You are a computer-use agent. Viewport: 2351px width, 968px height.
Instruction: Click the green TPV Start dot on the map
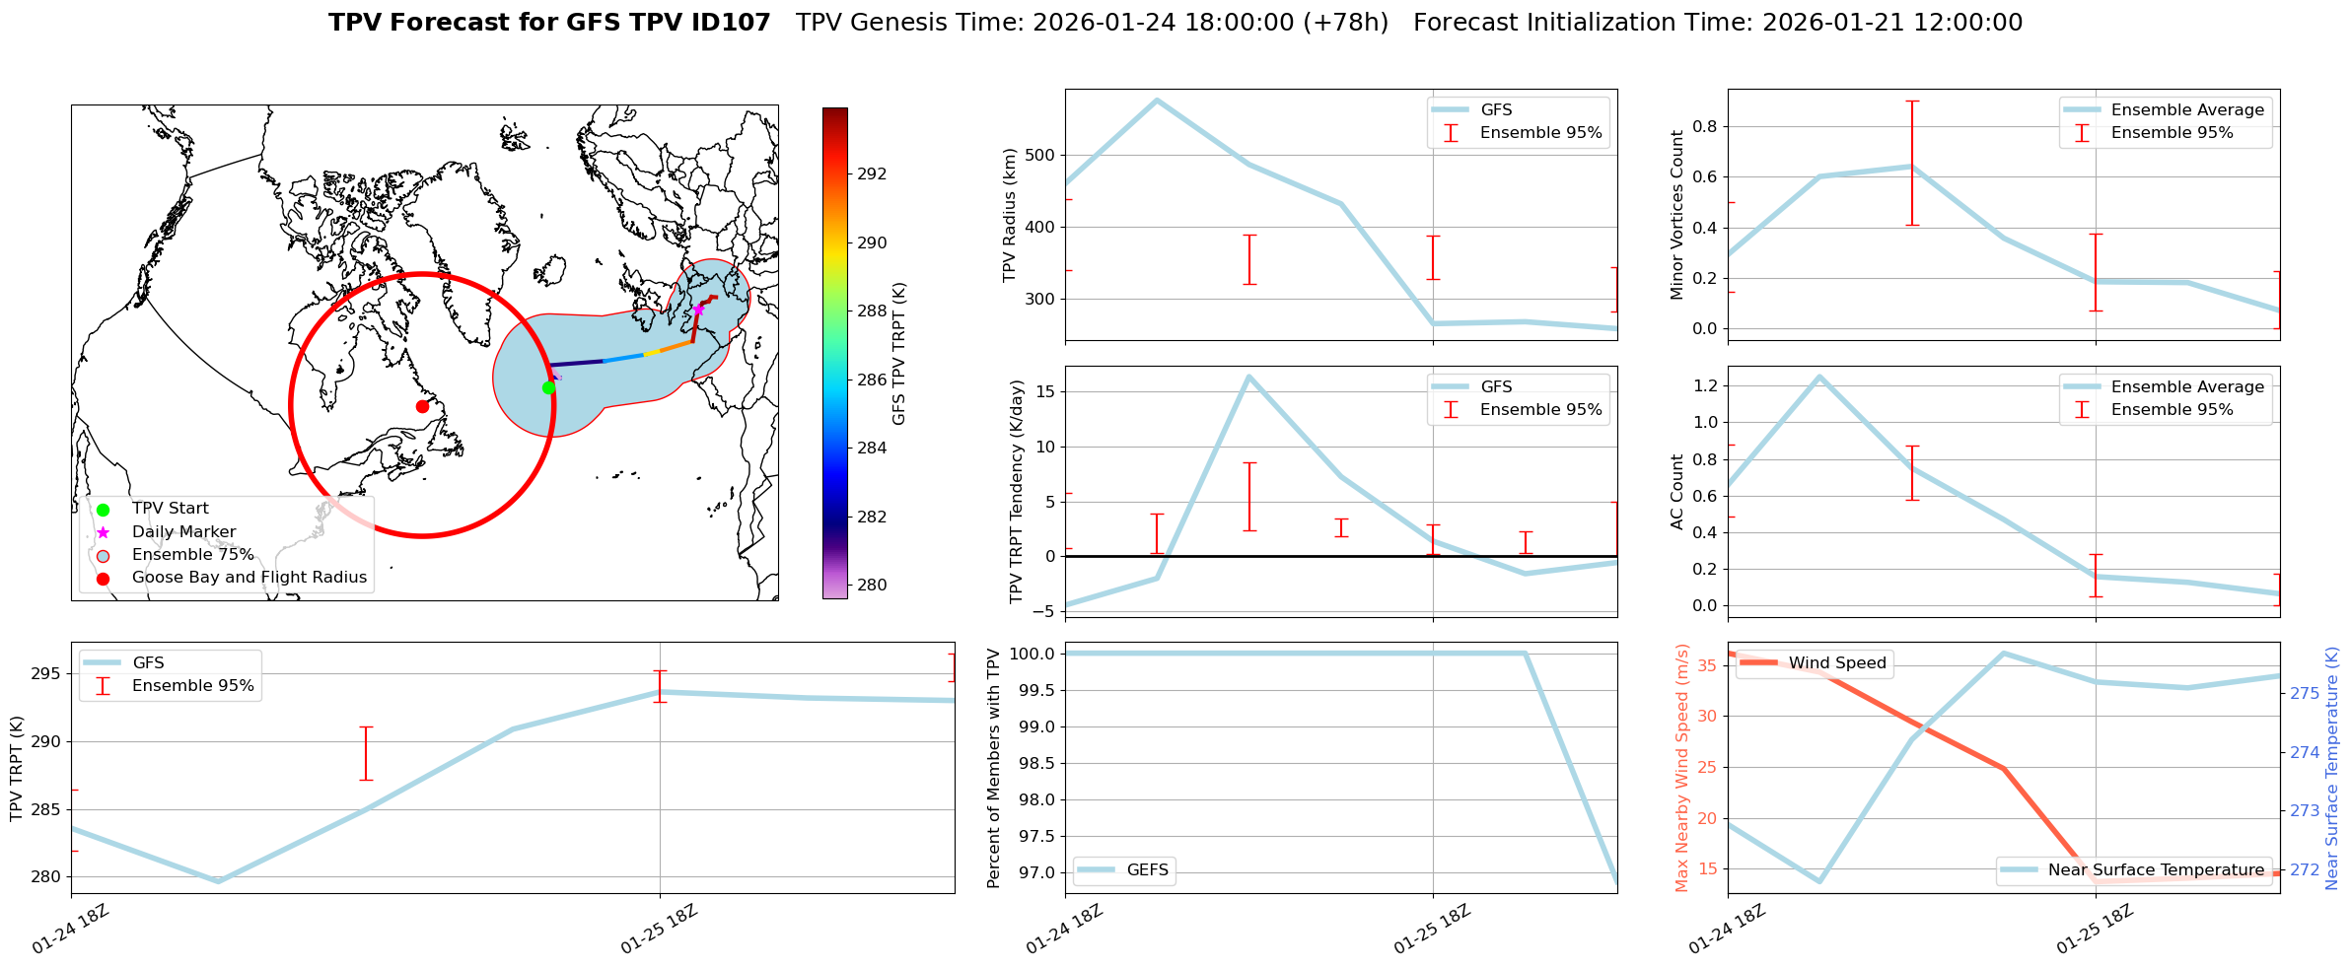548,387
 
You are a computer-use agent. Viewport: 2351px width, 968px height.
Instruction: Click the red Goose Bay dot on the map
422,406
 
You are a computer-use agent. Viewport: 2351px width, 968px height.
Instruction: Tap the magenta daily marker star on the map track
698,310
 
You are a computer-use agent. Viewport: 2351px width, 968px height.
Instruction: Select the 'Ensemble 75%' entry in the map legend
192,555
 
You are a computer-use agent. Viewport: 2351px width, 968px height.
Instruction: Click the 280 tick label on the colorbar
872,585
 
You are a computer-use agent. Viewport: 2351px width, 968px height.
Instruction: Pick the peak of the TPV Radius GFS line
1157,100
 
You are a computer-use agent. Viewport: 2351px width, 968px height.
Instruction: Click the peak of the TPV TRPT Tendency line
1248,376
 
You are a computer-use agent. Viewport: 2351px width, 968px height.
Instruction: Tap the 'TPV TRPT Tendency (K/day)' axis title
1017,492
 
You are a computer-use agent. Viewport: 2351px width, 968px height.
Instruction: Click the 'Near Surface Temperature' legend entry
2155,869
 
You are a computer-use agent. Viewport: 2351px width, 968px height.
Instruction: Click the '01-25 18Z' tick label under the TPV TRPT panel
660,929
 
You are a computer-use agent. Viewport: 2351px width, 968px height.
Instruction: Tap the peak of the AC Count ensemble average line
1819,376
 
